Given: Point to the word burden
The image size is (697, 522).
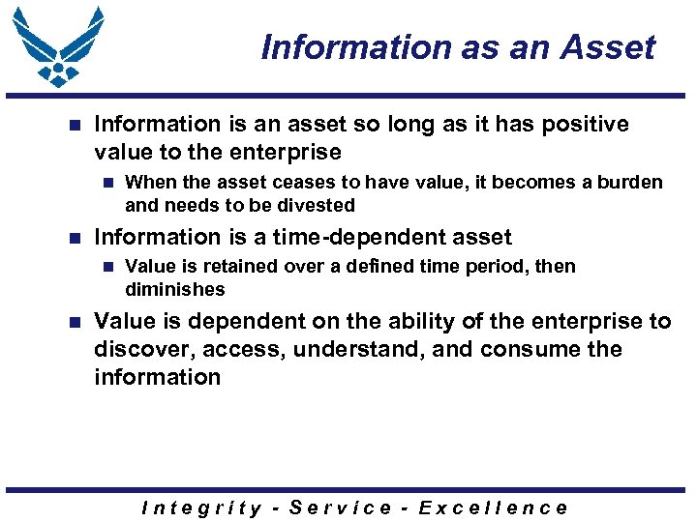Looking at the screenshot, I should point(629,183).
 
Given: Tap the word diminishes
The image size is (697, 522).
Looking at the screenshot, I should point(174,289).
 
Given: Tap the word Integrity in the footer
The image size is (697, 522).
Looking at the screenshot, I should point(201,507).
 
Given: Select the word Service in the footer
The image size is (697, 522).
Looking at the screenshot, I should point(341,507).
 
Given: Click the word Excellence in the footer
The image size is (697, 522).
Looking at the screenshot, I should point(493,507).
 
